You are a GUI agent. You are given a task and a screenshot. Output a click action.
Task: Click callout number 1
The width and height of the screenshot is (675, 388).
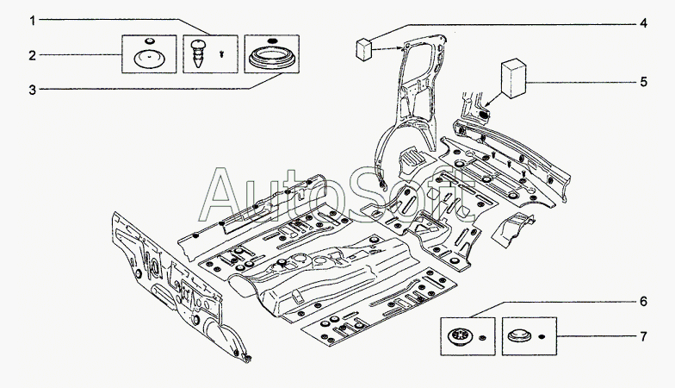[33, 21]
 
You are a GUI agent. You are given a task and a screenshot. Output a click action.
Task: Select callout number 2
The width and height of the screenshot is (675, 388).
[33, 55]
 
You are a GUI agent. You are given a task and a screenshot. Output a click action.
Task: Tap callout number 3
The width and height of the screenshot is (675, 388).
[33, 90]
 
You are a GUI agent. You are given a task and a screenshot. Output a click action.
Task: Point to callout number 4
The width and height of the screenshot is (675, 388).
[643, 22]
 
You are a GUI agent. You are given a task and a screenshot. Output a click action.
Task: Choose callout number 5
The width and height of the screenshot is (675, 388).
[643, 81]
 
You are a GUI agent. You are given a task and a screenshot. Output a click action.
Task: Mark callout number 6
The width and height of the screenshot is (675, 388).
[643, 301]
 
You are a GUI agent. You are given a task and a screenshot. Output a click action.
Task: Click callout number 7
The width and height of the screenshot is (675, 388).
[643, 336]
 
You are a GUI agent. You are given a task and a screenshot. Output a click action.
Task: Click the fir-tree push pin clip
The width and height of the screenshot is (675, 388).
[199, 53]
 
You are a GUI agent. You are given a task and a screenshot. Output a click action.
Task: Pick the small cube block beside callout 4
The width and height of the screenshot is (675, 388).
[364, 48]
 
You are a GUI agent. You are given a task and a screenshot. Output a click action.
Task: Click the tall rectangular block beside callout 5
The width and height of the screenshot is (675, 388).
[513, 79]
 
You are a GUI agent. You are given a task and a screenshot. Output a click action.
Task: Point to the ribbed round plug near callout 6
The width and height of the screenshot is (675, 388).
[460, 336]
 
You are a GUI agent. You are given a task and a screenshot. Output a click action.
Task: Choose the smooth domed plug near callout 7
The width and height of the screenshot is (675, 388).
[518, 336]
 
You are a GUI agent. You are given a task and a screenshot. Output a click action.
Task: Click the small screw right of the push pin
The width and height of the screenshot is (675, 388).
[222, 54]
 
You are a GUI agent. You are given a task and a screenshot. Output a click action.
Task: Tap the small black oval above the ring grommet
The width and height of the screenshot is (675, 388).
[272, 40]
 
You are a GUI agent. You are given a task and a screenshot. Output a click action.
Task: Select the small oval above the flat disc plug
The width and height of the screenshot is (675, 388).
[149, 41]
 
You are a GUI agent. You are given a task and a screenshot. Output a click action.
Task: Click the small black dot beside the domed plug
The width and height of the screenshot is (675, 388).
[542, 336]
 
